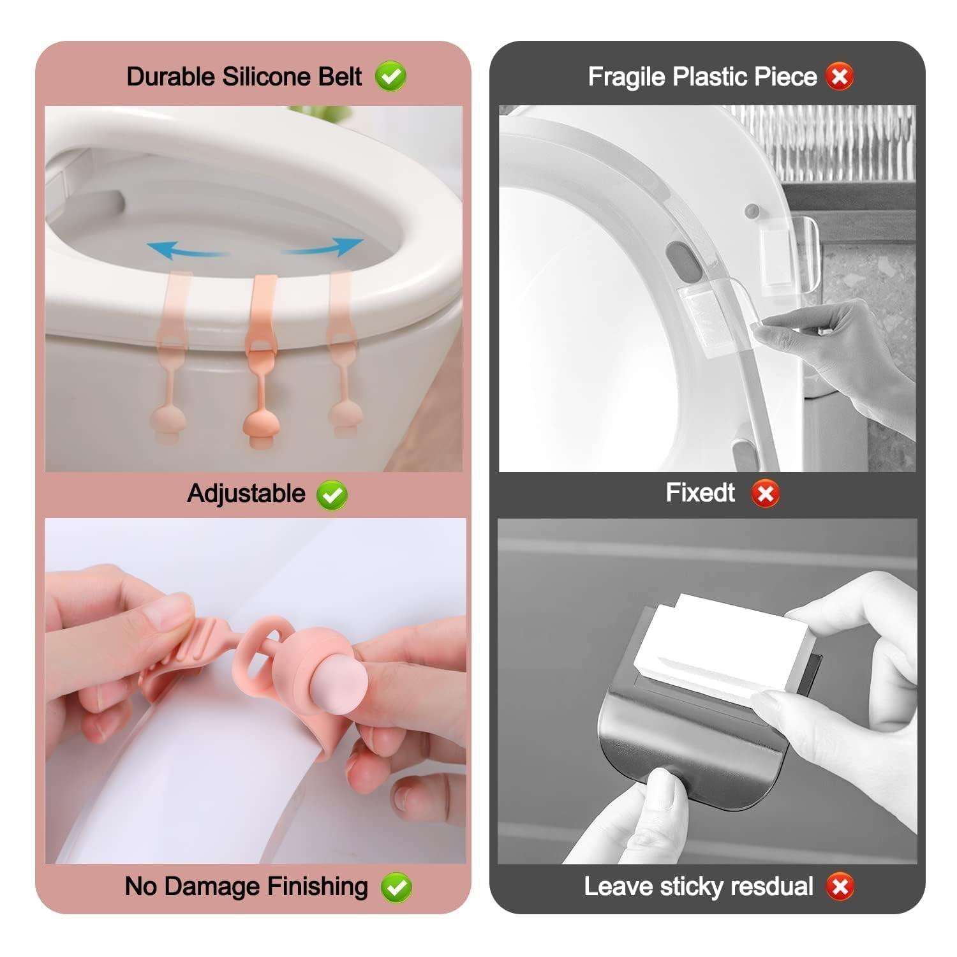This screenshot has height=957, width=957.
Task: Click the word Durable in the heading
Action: (171, 77)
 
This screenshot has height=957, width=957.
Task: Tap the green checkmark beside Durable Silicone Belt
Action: (390, 77)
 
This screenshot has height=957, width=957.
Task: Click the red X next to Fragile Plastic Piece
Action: (840, 77)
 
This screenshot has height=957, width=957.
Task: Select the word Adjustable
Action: (246, 494)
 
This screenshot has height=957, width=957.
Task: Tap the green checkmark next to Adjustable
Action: (332, 495)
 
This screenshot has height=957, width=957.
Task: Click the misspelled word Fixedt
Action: (700, 493)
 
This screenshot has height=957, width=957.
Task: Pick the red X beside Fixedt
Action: (765, 494)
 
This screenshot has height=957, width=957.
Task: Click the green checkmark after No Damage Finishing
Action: (396, 887)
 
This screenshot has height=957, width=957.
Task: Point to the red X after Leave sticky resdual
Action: (840, 887)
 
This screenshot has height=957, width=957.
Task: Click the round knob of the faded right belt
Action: (346, 418)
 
